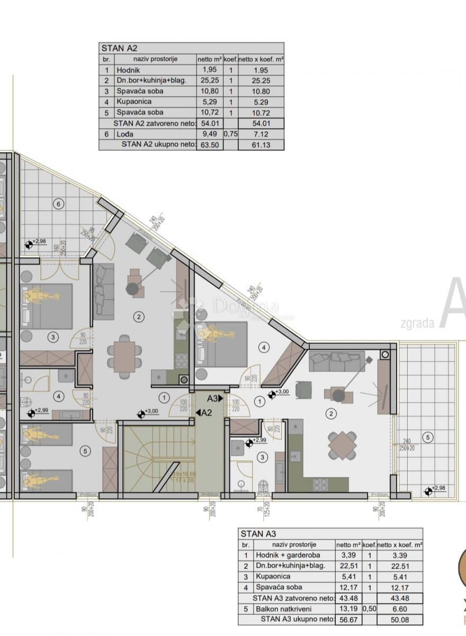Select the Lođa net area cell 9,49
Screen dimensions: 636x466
pos(209,134)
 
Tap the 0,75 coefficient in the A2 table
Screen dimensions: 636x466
pos(230,134)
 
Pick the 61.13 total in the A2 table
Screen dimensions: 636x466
pos(261,144)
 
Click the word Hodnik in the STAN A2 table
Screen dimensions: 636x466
pos(129,70)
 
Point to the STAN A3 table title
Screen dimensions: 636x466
pos(258,534)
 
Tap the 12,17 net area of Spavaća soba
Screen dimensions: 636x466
pos(348,587)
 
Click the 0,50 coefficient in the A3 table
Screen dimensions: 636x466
pos(369,608)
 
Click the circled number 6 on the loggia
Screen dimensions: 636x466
pos(59,203)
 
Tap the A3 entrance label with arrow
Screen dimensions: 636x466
pos(215,398)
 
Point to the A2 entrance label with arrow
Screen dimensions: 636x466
pos(204,413)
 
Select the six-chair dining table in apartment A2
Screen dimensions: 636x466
pos(124,351)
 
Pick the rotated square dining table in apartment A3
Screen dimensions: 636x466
pos(342,445)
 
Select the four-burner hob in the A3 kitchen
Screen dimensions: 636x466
pos(321,484)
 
